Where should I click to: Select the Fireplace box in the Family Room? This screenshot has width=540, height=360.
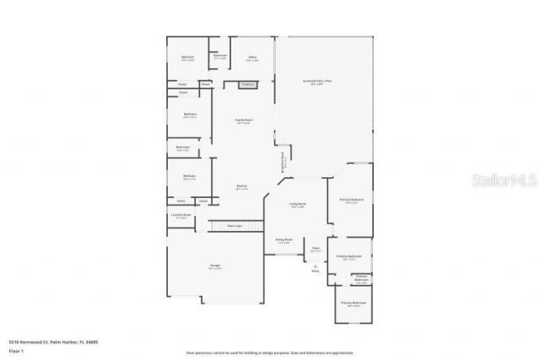coord(248,84)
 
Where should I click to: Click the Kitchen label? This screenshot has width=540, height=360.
coord(241,186)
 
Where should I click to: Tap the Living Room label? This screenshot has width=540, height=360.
coord(298,205)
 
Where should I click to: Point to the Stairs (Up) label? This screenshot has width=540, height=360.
coord(235,226)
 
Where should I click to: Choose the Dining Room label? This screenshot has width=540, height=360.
coord(283,240)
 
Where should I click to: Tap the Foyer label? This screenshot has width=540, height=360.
coord(316,249)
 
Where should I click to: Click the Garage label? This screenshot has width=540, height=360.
coord(215,266)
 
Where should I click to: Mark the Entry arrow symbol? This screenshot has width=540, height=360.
coord(315,267)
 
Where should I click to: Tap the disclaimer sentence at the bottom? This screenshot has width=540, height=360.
coord(269,352)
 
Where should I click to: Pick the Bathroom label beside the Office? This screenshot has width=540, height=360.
coord(219,57)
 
